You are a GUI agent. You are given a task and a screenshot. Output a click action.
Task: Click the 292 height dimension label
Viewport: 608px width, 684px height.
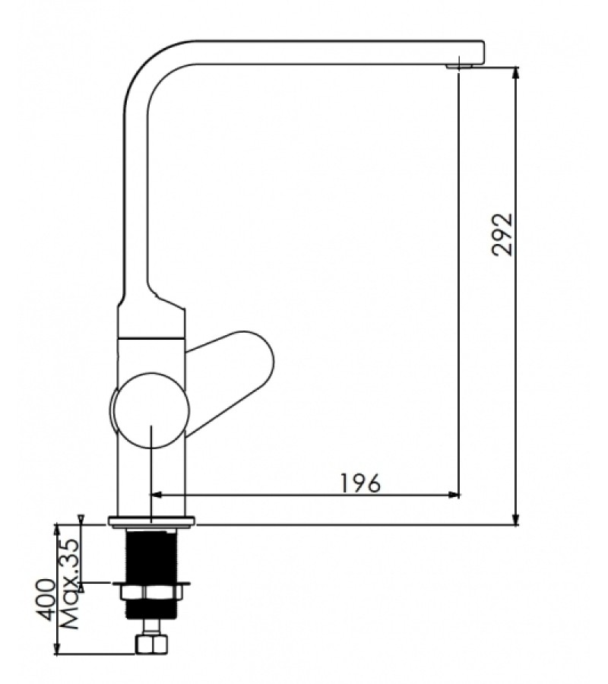click(502, 234)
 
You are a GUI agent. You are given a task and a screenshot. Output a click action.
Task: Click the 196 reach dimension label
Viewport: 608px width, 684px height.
click(360, 483)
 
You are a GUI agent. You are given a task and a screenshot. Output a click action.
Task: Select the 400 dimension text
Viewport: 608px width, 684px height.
click(46, 600)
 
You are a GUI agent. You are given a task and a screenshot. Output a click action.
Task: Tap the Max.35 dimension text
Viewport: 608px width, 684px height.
click(70, 584)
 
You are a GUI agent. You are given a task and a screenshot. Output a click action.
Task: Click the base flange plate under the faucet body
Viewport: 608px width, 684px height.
click(152, 521)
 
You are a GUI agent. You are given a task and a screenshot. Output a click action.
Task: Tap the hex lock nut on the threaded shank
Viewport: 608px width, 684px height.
click(150, 593)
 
